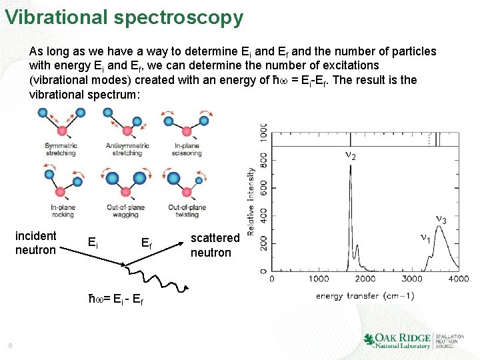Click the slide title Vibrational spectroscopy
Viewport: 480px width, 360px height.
124,17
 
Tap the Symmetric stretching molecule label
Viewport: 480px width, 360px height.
61,149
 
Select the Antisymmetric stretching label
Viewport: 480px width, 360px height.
127,149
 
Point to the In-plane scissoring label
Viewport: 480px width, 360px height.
187,149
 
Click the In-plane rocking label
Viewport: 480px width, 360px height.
62,211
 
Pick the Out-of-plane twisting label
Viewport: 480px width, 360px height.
187,211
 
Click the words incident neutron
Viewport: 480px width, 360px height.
36,243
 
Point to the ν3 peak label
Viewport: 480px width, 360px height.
441,219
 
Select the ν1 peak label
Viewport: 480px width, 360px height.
425,237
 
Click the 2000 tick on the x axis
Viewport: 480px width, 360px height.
365,279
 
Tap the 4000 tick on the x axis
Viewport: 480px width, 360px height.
457,279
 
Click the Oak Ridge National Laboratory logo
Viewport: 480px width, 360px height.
413,340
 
